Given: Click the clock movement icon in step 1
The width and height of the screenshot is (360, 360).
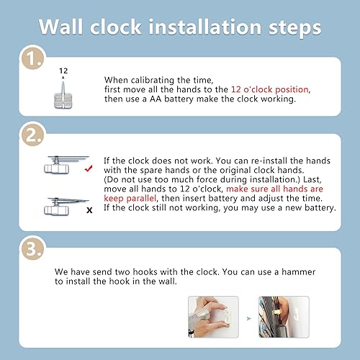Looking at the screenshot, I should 63,94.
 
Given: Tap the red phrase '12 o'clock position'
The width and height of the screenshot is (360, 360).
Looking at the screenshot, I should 271,89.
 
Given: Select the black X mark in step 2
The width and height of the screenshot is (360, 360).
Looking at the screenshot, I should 88,210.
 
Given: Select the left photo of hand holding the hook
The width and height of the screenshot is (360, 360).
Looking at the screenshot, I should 213,317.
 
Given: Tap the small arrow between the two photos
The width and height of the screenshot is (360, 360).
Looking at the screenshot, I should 248,318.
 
